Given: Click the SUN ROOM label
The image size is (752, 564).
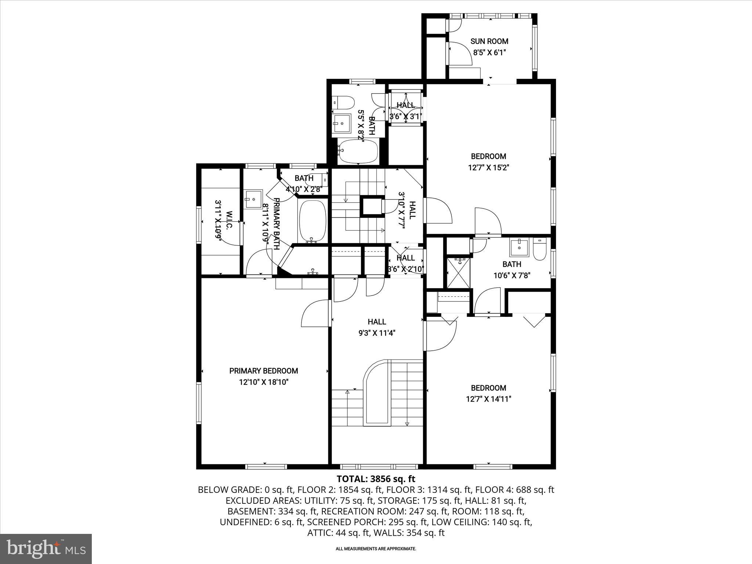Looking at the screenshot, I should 489,41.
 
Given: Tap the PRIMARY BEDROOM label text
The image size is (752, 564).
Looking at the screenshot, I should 264,371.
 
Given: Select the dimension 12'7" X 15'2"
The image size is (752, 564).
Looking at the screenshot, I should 488,168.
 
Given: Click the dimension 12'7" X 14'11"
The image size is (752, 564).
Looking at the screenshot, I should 488,399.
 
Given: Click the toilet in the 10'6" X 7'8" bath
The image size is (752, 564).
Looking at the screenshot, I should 539,249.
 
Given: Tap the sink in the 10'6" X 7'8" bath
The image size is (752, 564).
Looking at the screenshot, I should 520,247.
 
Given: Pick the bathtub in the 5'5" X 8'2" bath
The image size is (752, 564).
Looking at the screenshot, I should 358,151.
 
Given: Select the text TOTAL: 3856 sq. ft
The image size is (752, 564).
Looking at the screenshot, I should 376,479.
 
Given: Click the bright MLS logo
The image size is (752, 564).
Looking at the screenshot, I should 46,549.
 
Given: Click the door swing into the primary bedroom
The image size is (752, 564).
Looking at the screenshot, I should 315,313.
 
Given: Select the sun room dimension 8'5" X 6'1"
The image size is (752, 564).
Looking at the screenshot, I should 489,53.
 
